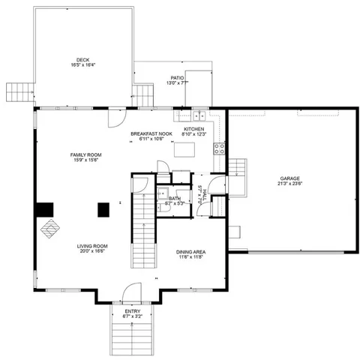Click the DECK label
click(82, 61)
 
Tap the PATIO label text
click(177, 77)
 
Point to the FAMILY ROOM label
click(87, 154)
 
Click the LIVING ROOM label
click(92, 245)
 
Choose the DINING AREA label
click(190, 252)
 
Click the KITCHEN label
click(194, 129)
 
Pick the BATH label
click(174, 198)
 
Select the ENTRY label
click(132, 311)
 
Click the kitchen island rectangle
click(184, 149)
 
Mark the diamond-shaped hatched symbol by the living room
click(50, 227)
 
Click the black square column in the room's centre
click(102, 210)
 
